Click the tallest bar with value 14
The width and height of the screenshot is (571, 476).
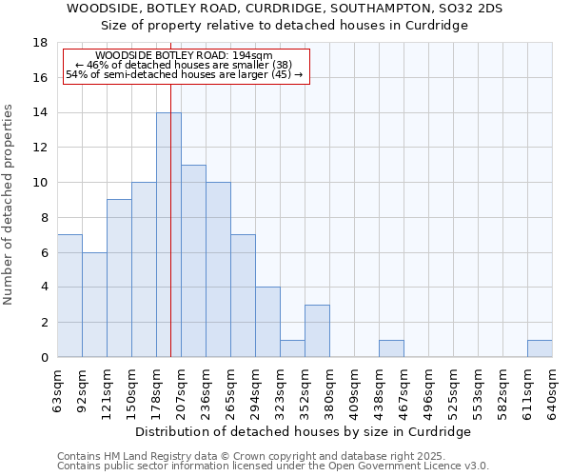coord(168,235)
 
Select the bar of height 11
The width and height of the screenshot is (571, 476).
coord(193,261)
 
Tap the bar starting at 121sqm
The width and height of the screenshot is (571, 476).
coord(119,278)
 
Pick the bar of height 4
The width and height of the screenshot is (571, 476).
coord(267,322)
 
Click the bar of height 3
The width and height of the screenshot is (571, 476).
coord(317,330)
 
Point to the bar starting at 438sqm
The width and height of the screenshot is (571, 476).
coord(391,348)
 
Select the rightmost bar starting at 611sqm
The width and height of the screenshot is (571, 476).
coord(540,348)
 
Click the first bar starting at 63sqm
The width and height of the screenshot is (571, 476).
coord(69,295)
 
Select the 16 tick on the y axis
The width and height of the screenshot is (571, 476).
coord(41,78)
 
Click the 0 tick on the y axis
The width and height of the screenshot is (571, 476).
coord(44,357)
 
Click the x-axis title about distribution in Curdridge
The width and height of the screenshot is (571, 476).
coord(305,431)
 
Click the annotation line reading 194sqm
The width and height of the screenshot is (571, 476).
coord(185,56)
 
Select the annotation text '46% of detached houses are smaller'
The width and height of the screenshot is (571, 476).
coord(184,65)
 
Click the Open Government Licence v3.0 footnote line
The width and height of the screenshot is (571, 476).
coord(273,466)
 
